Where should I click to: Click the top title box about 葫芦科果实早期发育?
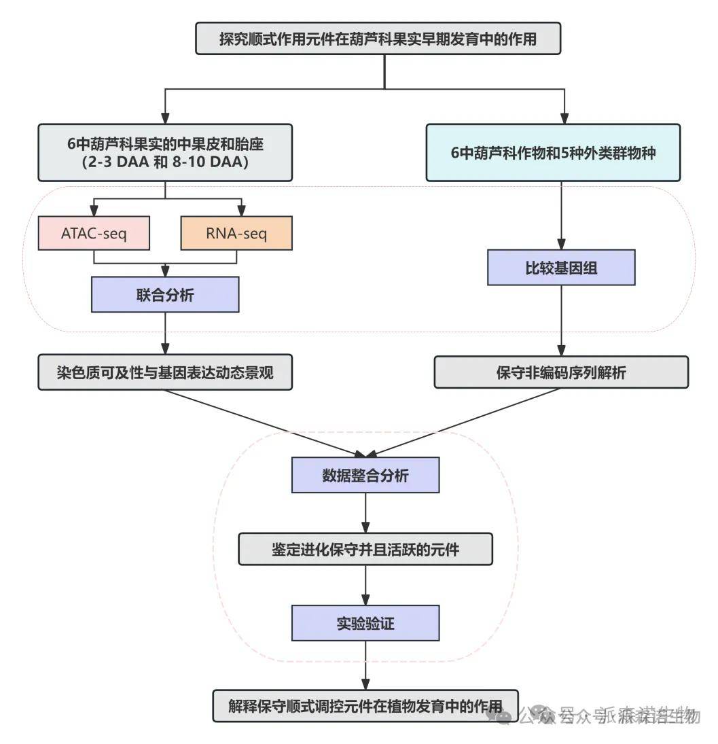point(378,39)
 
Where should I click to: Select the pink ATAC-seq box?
point(94,233)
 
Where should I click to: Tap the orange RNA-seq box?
point(236,233)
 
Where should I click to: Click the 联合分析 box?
point(165,295)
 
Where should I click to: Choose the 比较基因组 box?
point(561,267)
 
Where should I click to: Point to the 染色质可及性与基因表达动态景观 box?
point(165,372)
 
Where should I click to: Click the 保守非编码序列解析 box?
point(561,372)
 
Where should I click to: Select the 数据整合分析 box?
point(365,475)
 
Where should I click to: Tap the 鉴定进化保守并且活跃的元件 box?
point(365,548)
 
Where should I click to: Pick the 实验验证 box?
point(365,622)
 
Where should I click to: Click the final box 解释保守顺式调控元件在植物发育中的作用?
point(365,705)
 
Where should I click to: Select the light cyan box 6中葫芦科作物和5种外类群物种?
point(553,152)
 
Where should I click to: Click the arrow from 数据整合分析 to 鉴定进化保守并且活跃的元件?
point(365,512)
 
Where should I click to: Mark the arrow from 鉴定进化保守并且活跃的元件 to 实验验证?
point(365,585)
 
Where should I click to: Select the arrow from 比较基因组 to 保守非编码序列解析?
point(561,321)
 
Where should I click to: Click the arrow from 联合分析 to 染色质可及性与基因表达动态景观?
point(165,333)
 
